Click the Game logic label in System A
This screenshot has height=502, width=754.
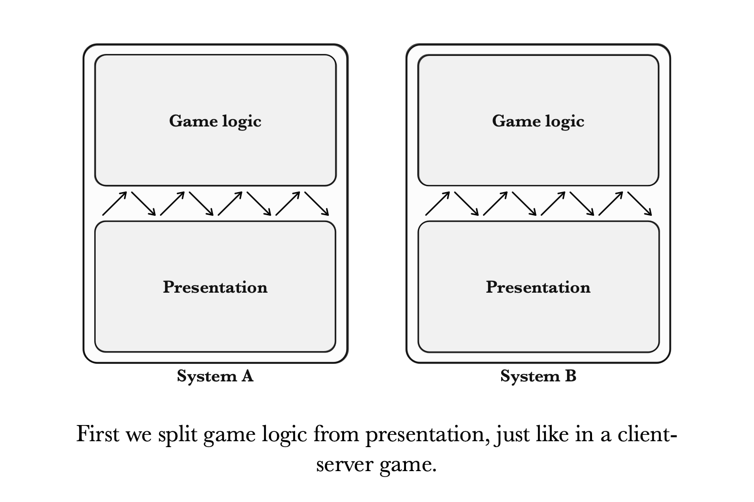215,121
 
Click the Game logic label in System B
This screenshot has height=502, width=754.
538,121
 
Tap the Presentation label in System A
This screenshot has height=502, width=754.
215,287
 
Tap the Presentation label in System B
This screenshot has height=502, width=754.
538,287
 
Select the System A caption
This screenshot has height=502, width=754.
215,376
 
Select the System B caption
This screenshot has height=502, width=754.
538,376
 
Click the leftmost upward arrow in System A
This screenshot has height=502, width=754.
114,203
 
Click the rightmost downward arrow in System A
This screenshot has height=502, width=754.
317,203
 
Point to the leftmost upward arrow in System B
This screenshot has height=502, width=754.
437,203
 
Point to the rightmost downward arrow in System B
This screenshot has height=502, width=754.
640,203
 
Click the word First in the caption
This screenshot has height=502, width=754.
98,434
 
